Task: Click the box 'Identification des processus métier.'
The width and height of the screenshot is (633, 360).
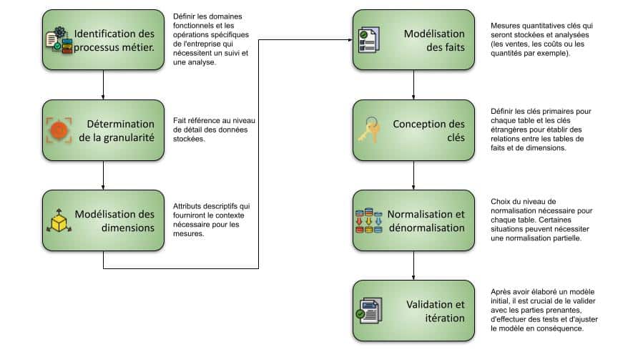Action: [103, 39]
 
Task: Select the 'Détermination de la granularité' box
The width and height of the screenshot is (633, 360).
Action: [103, 130]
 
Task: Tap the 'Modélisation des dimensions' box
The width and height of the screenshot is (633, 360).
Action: [103, 220]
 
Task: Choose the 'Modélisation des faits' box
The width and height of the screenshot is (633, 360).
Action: [413, 39]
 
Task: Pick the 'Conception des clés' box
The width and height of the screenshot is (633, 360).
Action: [413, 130]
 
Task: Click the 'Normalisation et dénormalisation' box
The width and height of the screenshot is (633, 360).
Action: [413, 220]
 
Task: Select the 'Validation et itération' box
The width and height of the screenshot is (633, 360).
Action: [413, 311]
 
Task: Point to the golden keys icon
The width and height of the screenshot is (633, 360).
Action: [370, 130]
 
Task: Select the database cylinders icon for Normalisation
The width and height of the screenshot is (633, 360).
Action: [369, 221]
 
